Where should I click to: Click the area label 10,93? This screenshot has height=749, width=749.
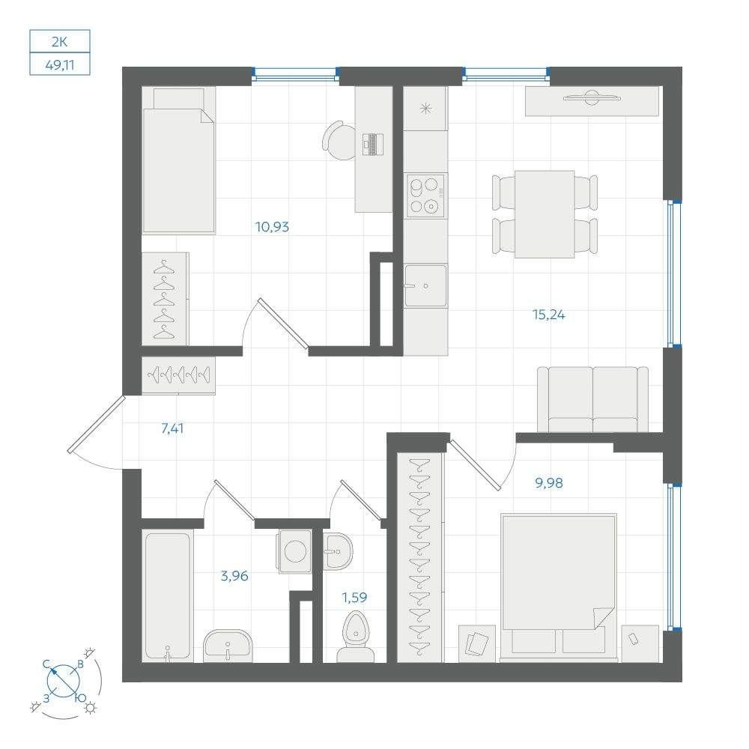click(x=272, y=226)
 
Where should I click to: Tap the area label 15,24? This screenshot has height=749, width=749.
click(x=548, y=315)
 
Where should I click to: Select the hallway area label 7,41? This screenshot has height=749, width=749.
click(x=172, y=428)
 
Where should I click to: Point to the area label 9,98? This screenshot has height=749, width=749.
click(x=548, y=483)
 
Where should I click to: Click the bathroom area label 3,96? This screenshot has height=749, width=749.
click(x=234, y=576)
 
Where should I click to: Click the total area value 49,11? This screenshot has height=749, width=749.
click(x=60, y=65)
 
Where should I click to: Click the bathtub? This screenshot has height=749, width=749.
click(x=167, y=596)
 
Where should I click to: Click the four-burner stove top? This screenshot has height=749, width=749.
click(x=425, y=195)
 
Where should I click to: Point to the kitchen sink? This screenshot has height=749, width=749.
click(x=425, y=285)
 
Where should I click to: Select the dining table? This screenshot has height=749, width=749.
click(x=545, y=214)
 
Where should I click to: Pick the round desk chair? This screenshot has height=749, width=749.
click(x=340, y=140)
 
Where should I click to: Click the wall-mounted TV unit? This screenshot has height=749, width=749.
click(x=592, y=101)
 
